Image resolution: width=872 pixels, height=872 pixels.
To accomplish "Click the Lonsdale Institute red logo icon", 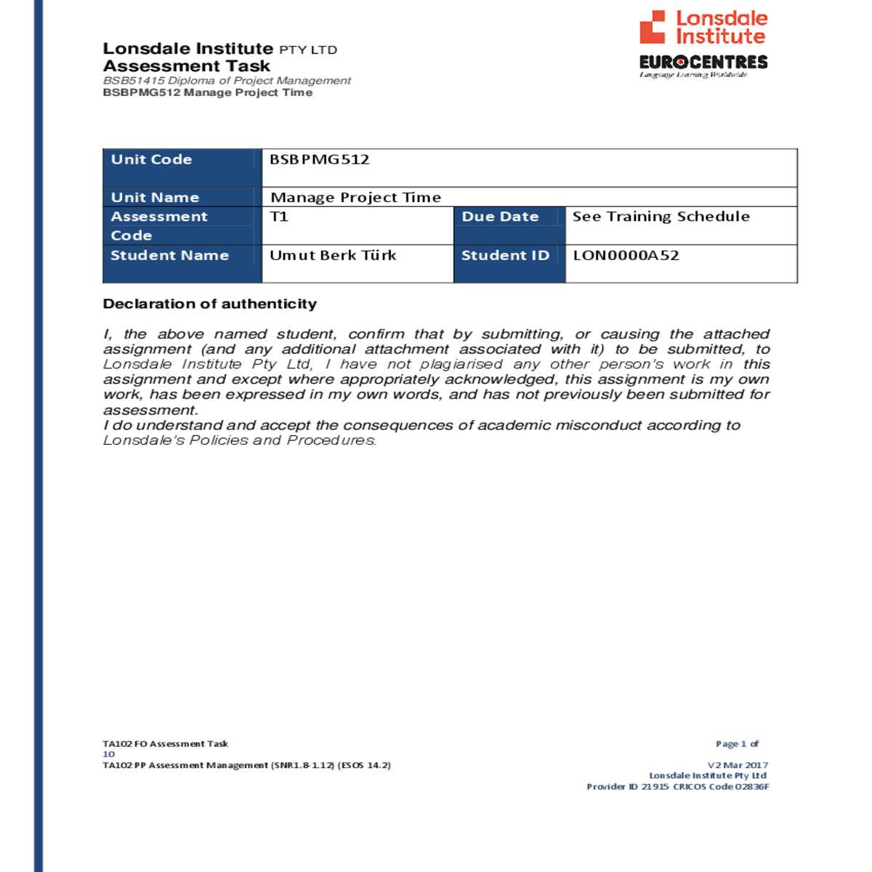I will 652,28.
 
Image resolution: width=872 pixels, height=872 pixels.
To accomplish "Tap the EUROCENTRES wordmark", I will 703,62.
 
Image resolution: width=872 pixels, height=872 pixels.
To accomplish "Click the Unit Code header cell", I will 152,160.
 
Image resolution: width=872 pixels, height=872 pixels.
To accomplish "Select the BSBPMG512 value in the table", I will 320,160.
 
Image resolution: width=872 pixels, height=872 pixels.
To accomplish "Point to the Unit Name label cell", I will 155,198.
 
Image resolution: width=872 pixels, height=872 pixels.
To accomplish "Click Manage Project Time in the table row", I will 356,198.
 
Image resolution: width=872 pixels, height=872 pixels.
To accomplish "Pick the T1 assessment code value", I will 279,217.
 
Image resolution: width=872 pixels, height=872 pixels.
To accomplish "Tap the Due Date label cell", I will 501,217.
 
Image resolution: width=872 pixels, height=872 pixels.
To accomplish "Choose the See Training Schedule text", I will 661,217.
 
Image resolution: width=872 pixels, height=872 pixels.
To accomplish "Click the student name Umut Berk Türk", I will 333,256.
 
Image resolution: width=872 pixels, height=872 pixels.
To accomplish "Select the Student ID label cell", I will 505,256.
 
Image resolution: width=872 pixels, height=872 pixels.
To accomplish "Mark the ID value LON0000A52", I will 626,256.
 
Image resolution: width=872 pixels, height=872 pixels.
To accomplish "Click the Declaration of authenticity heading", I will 210,304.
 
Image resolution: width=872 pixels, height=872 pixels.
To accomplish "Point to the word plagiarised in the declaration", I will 461,364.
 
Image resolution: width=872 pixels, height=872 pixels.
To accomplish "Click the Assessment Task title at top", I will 187,66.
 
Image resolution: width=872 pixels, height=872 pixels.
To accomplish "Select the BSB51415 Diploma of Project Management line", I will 227,81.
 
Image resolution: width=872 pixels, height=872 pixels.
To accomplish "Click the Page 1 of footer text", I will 737,744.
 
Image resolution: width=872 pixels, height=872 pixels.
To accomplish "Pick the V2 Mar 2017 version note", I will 738,765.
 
